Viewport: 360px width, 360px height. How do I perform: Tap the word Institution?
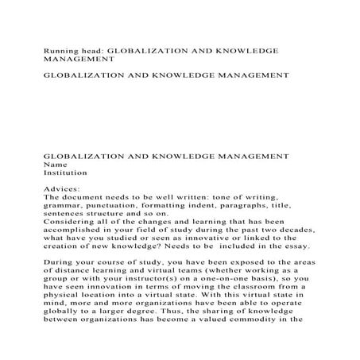pyautogui.click(x=65, y=172)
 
